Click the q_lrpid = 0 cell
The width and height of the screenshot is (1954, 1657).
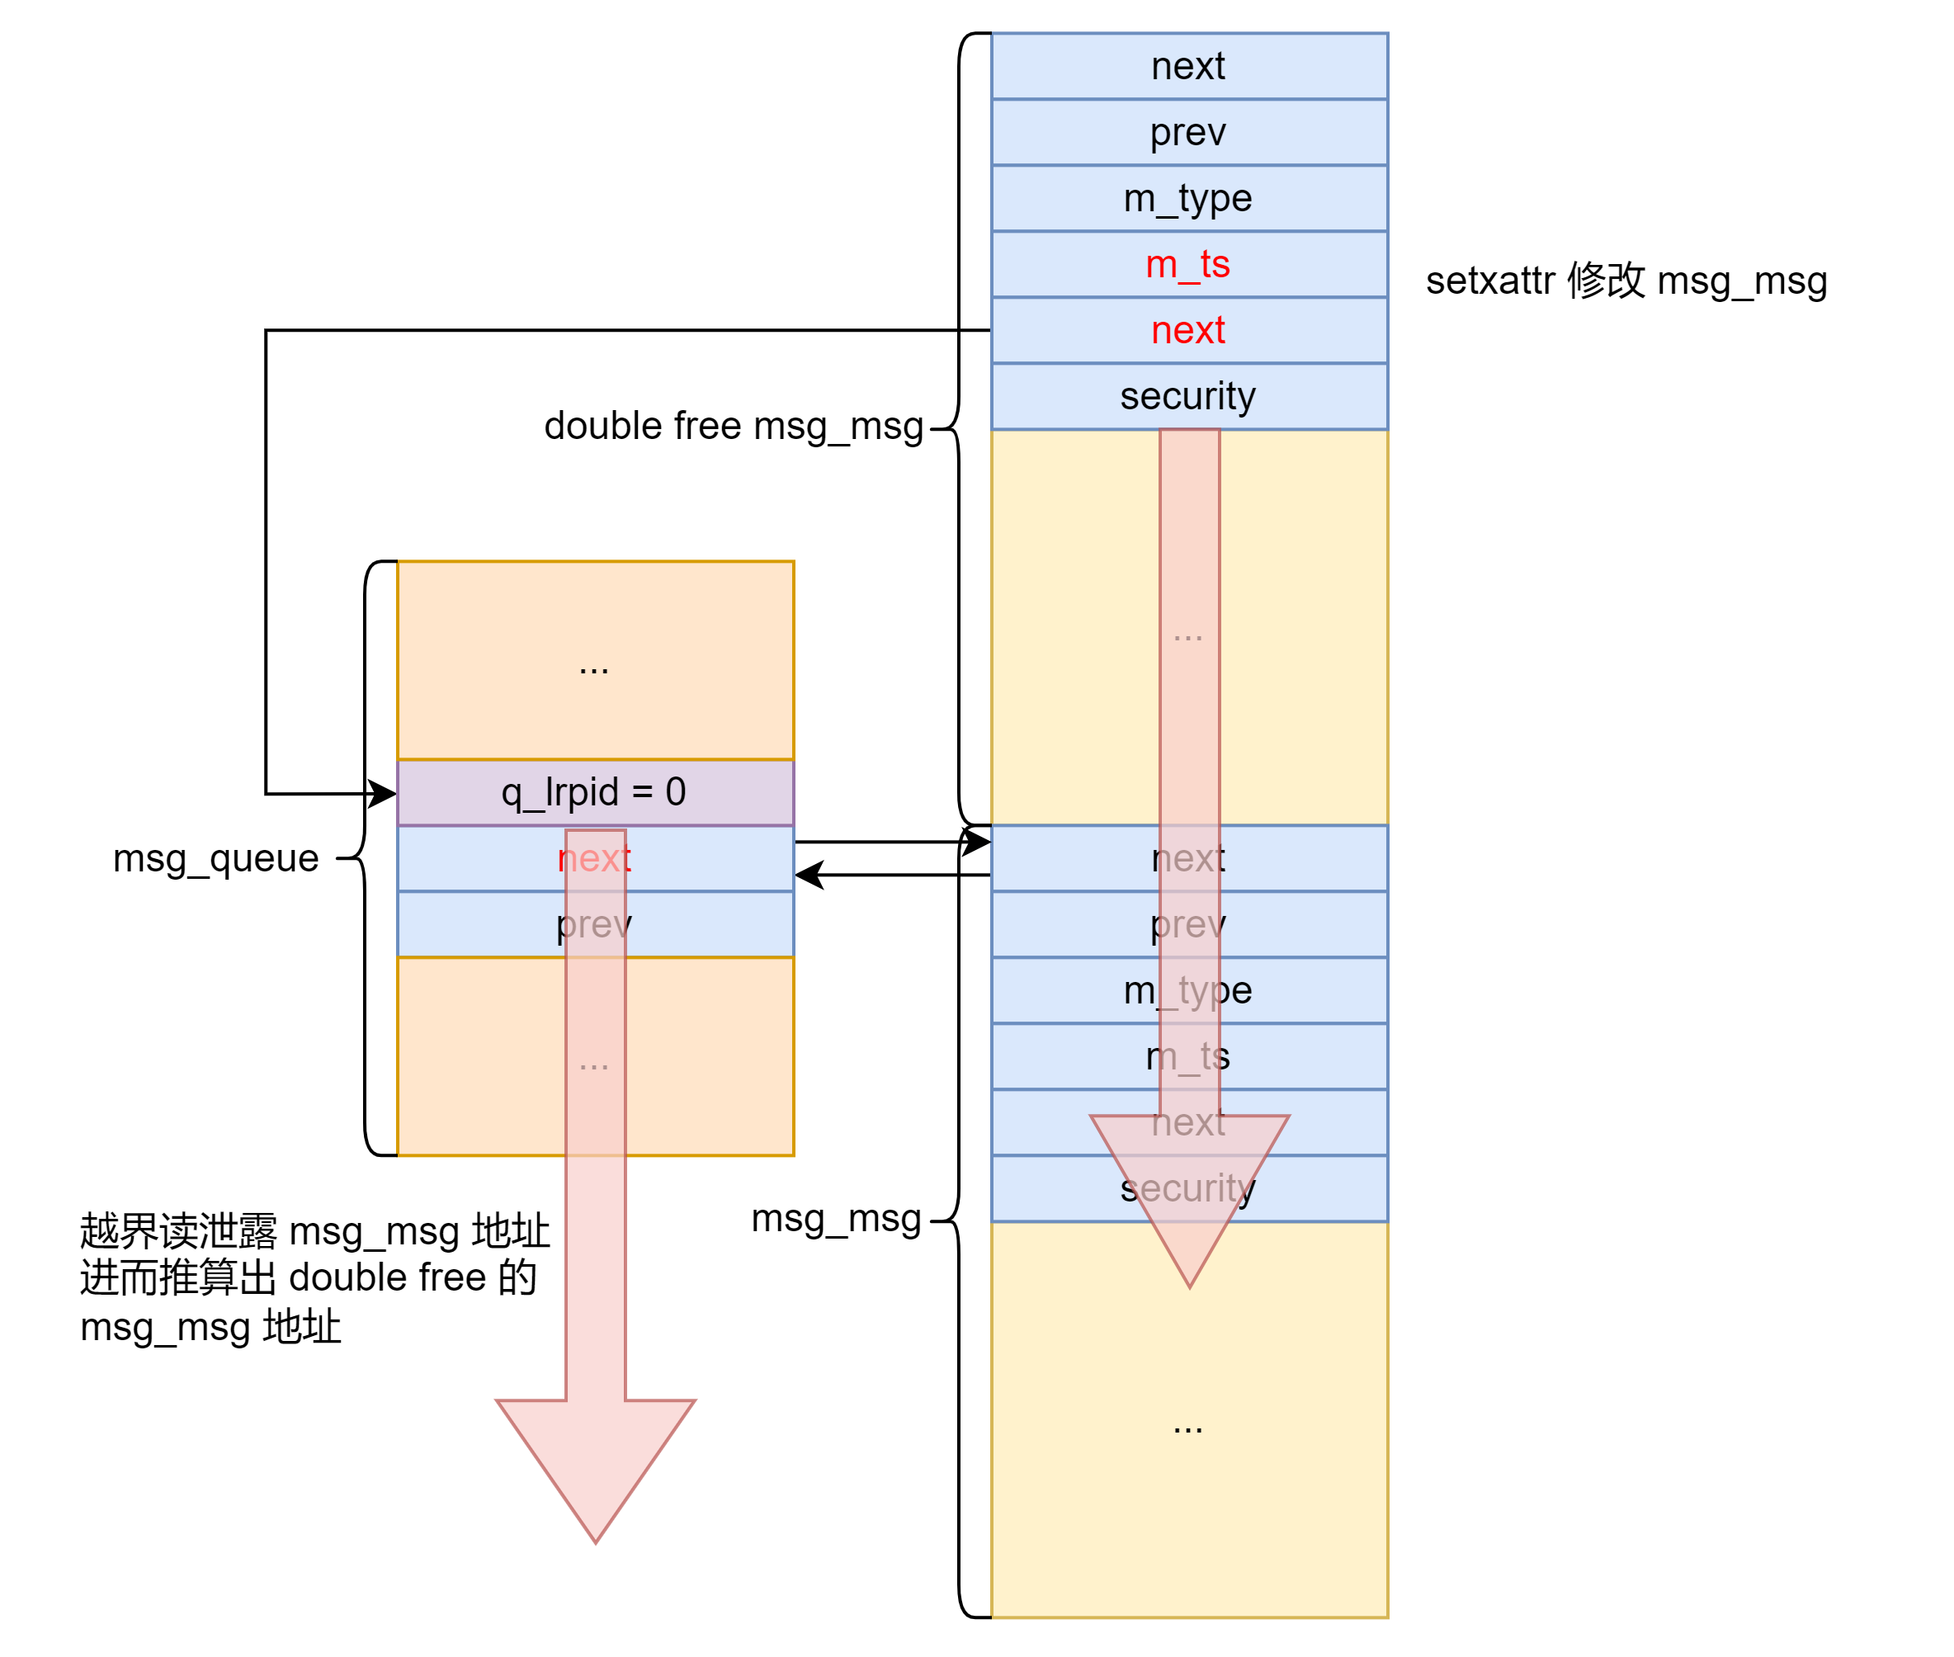[x=595, y=792]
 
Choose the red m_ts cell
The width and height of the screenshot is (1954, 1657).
[x=1188, y=264]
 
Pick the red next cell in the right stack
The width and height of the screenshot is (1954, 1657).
[x=1188, y=330]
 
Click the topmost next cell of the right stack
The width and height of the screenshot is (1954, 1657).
[x=1188, y=66]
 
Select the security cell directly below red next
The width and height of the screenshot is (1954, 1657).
[x=1188, y=395]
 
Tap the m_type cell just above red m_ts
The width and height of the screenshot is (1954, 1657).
[x=1188, y=198]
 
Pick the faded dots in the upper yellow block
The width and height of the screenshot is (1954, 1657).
[x=1188, y=636]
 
